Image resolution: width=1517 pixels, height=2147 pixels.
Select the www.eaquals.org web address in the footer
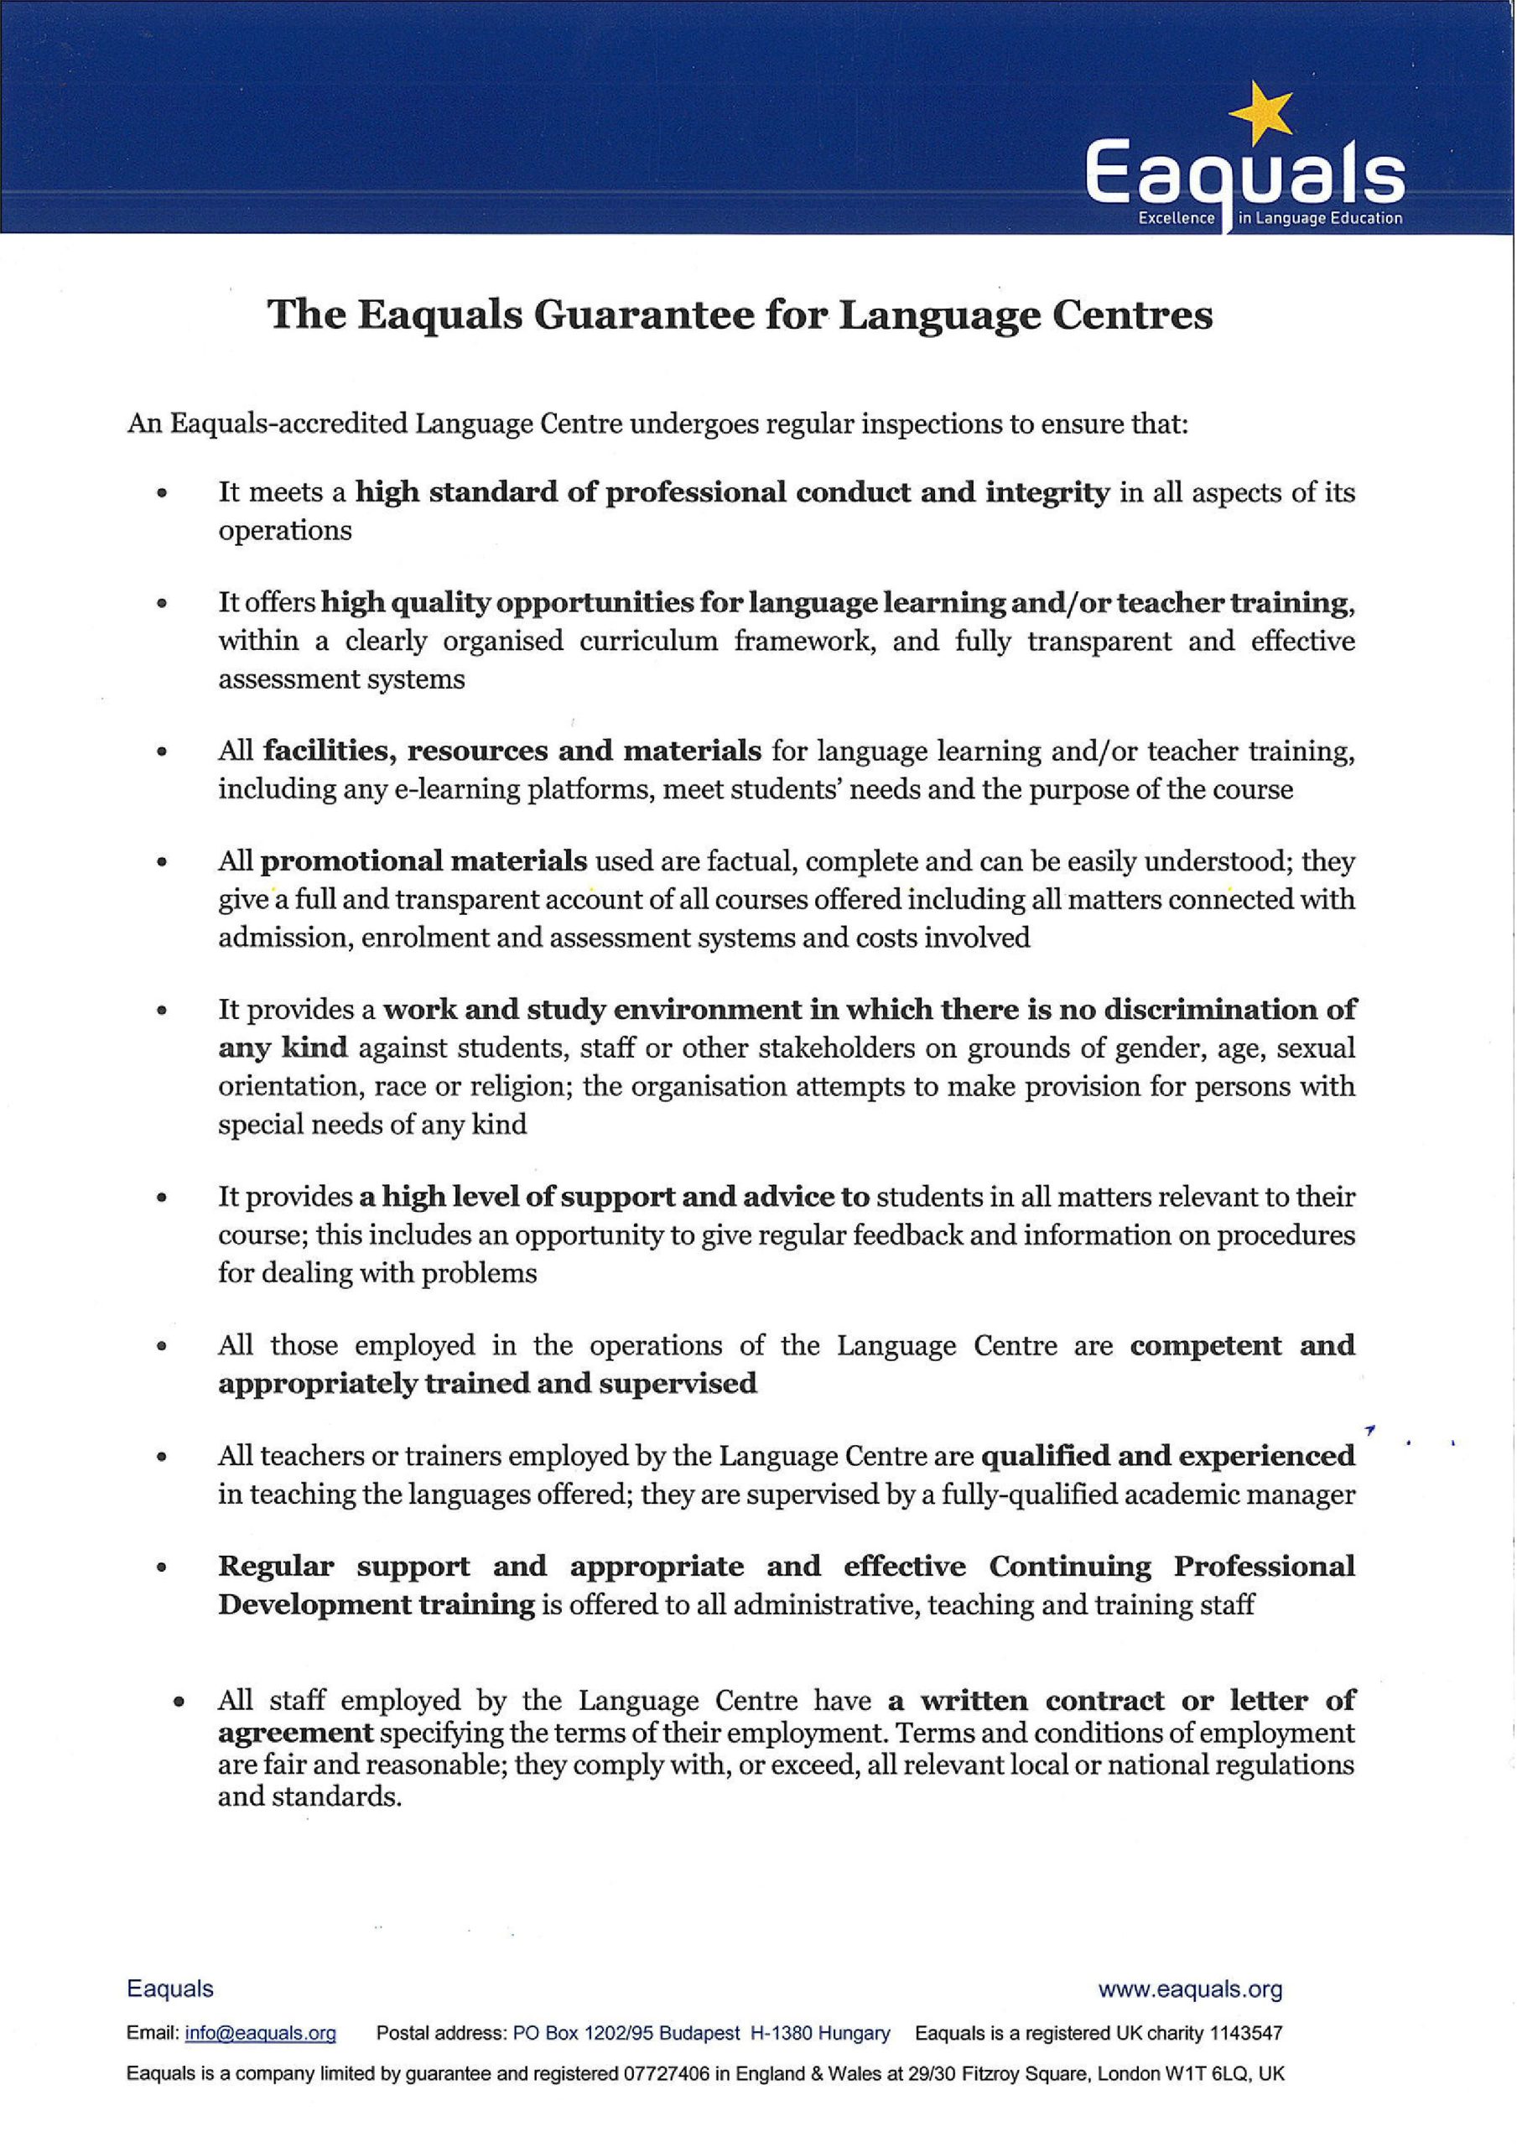[x=1190, y=1990]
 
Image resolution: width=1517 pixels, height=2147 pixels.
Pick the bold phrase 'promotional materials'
[x=423, y=860]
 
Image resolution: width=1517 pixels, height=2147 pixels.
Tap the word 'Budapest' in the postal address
[x=699, y=2033]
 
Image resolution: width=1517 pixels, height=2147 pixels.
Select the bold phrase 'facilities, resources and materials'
[x=512, y=751]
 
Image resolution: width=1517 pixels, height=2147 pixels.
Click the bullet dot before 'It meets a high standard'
[x=164, y=493]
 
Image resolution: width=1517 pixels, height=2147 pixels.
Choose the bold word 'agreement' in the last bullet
[x=295, y=1733]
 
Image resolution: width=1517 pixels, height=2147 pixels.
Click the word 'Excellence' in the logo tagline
[x=1176, y=219]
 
